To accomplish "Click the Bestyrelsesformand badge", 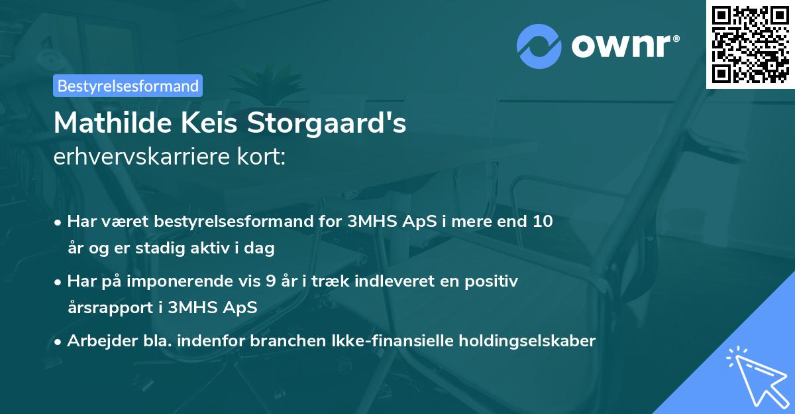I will pos(128,86).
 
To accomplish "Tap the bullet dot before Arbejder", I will pos(59,342).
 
